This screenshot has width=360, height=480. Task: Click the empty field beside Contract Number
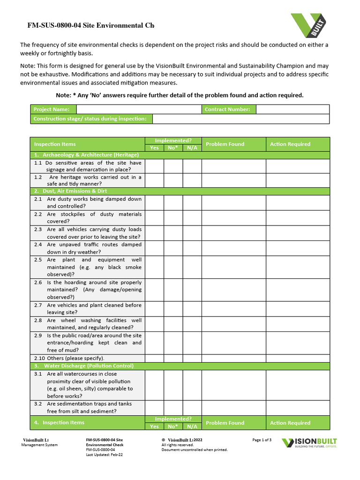(292, 109)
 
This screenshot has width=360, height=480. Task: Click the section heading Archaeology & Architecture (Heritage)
(86, 155)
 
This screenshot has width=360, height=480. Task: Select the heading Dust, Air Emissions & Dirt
(75, 191)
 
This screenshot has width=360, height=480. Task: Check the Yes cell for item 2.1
(154, 202)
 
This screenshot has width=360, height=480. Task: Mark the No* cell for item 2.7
(173, 308)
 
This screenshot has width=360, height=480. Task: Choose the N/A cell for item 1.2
(192, 180)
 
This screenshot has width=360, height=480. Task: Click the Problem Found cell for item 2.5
(234, 267)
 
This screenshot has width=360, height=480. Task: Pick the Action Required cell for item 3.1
(298, 385)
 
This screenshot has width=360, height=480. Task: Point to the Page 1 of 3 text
(262, 440)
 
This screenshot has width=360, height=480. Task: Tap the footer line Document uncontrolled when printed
(195, 450)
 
